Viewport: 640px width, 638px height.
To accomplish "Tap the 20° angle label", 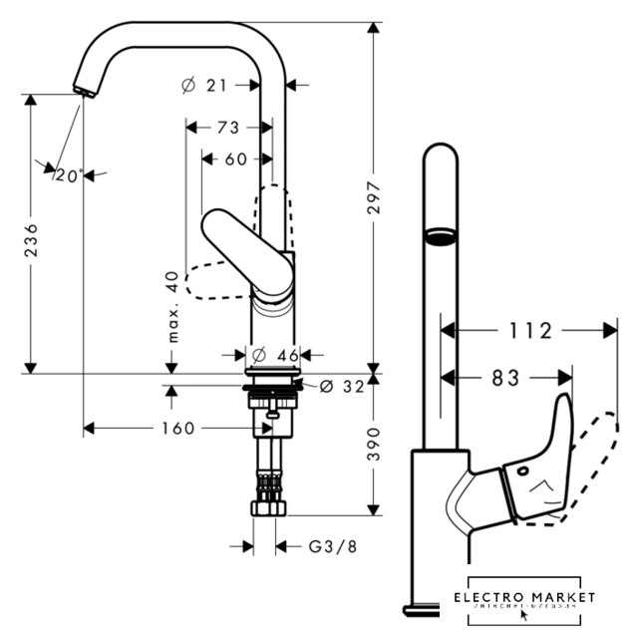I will pos(67,174).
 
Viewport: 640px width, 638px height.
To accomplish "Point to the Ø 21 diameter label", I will pos(206,86).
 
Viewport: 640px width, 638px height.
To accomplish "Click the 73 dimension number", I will pos(227,128).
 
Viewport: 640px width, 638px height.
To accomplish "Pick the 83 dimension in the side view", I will pos(505,378).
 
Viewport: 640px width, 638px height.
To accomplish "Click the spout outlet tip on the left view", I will pos(84,92).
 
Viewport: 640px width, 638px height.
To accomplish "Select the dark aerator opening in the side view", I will pos(440,236).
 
